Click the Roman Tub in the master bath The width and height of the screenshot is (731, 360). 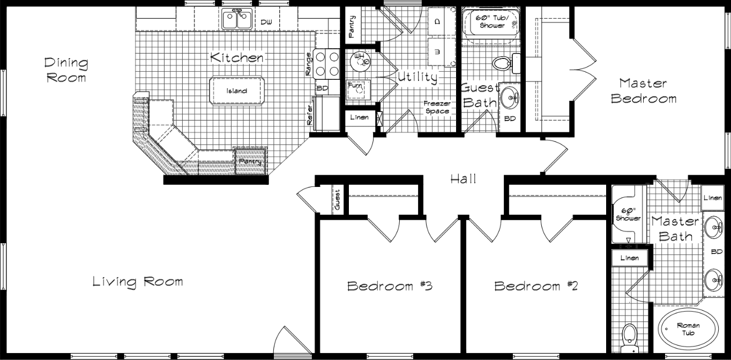(x=688, y=328)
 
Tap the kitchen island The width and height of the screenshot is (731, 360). (x=236, y=91)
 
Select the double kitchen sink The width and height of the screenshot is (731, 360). (x=236, y=21)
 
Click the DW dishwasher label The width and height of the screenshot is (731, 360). (x=266, y=22)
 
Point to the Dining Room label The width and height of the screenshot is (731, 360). (x=66, y=70)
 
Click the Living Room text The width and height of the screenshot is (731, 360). (x=138, y=281)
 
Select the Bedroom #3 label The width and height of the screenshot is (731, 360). (x=390, y=286)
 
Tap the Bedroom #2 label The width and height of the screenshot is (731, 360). (x=535, y=286)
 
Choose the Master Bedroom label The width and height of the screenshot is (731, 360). (x=643, y=91)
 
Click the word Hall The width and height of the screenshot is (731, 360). (x=463, y=179)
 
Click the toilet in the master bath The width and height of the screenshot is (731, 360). (x=628, y=337)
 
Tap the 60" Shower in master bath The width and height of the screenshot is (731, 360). (x=628, y=215)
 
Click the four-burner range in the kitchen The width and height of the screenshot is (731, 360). (x=327, y=63)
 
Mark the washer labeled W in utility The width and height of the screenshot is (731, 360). (x=438, y=52)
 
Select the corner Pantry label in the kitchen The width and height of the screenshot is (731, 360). (x=250, y=162)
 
